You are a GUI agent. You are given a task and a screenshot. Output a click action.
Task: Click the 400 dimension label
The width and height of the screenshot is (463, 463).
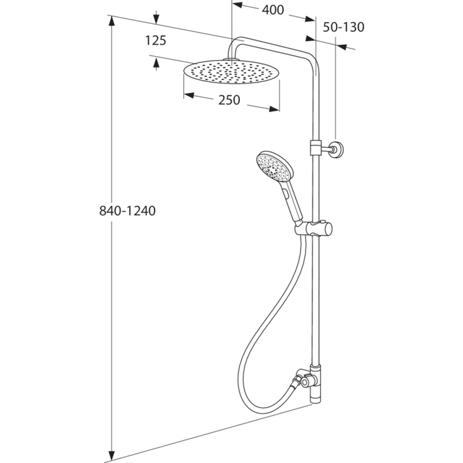[x=273, y=10]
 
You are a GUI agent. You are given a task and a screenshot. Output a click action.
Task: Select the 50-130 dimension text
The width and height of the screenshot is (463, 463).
[x=343, y=27]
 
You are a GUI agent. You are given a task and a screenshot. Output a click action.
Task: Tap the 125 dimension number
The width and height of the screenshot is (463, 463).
[x=156, y=40]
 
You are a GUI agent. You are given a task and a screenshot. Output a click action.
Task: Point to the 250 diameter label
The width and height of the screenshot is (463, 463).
[x=229, y=100]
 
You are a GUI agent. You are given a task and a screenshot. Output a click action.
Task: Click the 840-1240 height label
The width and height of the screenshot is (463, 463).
[x=127, y=211]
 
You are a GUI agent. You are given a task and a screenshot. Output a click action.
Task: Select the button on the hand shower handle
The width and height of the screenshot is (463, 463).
[x=285, y=193]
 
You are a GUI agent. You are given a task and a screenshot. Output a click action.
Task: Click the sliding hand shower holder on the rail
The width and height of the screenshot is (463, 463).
[x=314, y=228]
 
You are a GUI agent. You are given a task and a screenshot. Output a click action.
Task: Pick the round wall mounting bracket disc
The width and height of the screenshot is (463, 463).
[x=337, y=149]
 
